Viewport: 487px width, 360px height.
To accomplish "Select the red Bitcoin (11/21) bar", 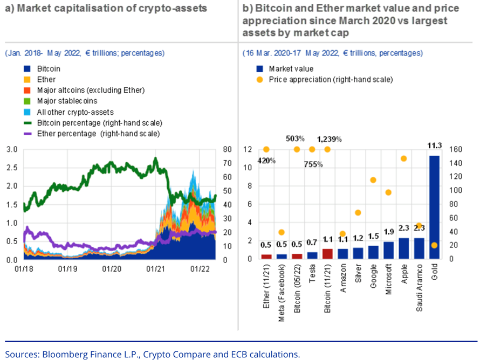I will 327,254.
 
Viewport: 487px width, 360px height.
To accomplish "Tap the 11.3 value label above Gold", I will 434,145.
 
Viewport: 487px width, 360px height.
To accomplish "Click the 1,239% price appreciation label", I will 330,139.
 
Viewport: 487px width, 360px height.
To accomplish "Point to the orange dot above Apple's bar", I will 403,158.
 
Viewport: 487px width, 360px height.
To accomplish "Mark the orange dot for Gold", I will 434,245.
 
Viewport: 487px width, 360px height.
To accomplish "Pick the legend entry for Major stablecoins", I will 67,101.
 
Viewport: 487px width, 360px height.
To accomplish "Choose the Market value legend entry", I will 291,69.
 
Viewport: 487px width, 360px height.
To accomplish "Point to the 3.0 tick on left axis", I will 11,149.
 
